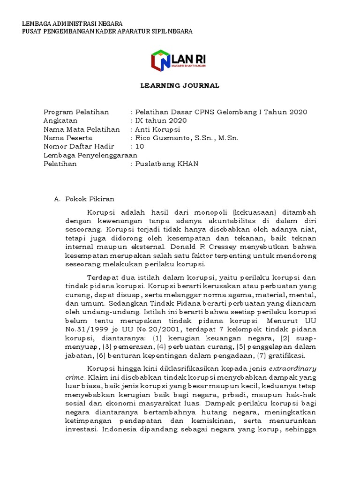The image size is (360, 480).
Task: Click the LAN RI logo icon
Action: click(x=161, y=61)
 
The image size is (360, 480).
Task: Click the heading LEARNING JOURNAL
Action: click(x=180, y=86)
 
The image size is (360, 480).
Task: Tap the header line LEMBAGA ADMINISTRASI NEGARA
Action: click(x=73, y=23)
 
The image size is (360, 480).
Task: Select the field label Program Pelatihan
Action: click(x=76, y=112)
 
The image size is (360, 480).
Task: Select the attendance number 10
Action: click(x=140, y=147)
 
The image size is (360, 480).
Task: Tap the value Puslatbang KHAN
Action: click(x=166, y=164)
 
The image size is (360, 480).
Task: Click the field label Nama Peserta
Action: click(x=68, y=138)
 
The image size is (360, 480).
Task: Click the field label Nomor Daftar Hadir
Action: click(x=79, y=147)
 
